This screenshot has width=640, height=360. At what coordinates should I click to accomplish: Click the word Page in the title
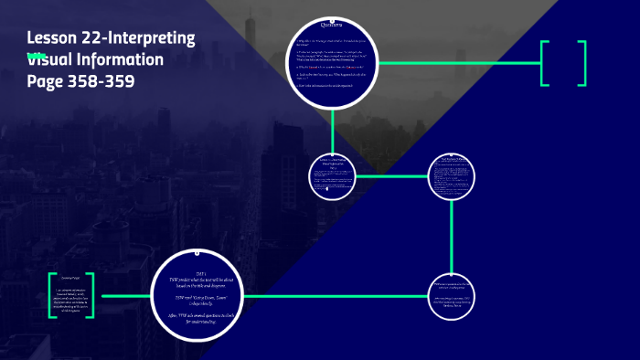(x=45, y=80)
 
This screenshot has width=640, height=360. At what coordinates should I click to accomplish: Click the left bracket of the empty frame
(x=545, y=63)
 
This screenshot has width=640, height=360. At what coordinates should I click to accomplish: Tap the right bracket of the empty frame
(x=581, y=63)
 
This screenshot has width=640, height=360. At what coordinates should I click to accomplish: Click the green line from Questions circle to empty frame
(x=457, y=63)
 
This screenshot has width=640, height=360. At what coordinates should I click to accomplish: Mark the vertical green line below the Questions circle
(x=332, y=128)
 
